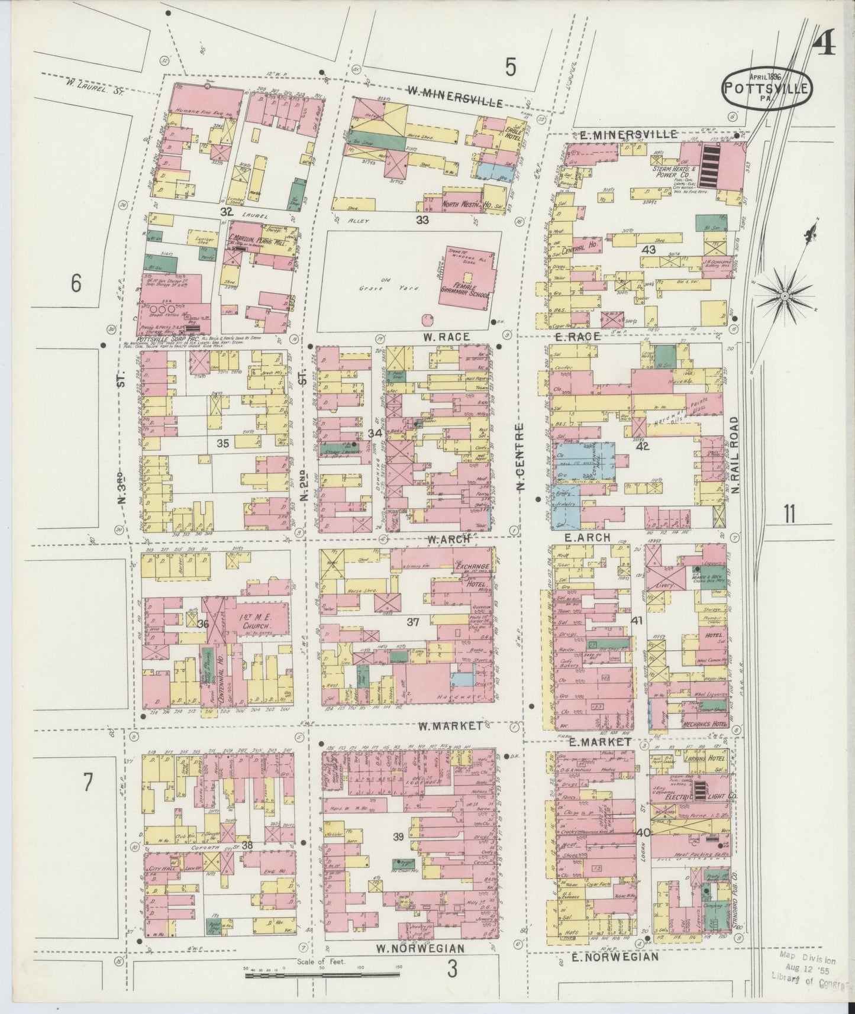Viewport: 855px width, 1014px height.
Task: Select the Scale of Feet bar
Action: (322, 973)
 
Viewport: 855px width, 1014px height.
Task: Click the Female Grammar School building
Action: (467, 278)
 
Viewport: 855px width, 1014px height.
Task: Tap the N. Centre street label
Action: (520, 456)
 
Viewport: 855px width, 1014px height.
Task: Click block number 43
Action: (649, 250)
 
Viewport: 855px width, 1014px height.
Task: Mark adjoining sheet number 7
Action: (88, 783)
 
